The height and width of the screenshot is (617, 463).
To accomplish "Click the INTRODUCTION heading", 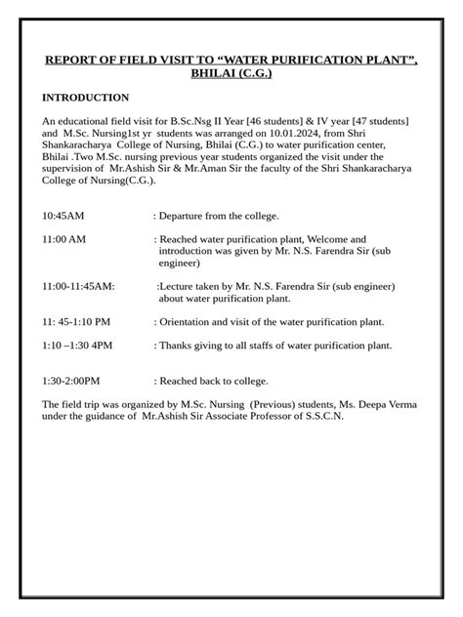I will coord(85,98).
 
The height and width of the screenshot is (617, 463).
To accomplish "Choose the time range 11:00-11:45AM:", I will coord(78,286).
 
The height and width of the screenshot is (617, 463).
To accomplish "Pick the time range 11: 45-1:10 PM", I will coord(76,320).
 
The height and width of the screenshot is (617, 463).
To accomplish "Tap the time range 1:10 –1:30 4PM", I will coord(78,345).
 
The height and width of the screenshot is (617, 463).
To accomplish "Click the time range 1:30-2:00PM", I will coord(72,381).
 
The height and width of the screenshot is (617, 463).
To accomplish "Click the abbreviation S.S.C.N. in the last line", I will coord(320,416).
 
